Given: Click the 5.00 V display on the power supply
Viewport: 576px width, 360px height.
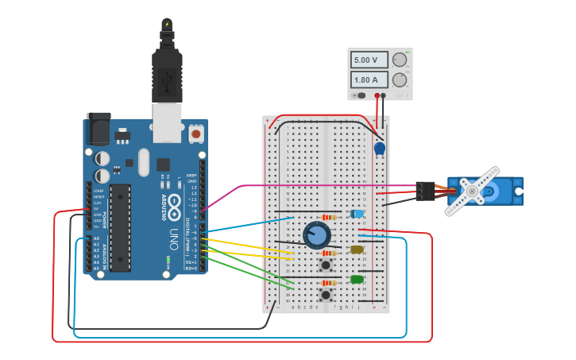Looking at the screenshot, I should coord(369,60).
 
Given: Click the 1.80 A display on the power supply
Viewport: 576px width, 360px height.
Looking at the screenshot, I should coord(369,80).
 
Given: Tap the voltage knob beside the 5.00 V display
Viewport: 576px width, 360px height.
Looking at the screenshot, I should coord(400,60).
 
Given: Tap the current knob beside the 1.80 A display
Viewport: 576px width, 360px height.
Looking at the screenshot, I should coord(400,79).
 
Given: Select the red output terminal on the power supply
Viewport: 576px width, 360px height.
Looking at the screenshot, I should coord(377,95).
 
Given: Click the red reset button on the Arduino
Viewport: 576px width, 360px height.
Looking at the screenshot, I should coord(195,134).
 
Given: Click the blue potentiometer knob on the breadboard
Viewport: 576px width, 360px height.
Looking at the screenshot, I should coord(316,235).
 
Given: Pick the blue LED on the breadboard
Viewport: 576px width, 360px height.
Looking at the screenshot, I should coord(358,214).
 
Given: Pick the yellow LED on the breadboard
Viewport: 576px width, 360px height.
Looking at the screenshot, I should coord(357,250).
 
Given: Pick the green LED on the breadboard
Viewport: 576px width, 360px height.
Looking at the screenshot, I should coord(357,279).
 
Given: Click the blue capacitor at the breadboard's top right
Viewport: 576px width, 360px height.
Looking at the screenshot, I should coord(380,148).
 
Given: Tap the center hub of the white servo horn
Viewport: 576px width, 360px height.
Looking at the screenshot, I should coord(472,191).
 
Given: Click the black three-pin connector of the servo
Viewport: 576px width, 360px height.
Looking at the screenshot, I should coord(425,191).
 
